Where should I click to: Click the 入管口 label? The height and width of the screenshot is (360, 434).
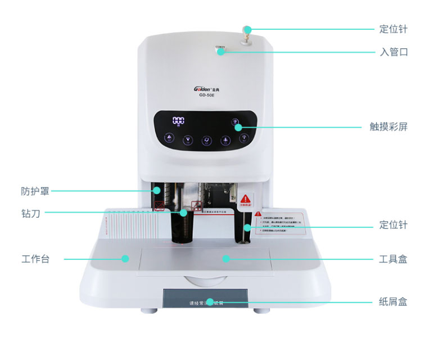pos(393,52)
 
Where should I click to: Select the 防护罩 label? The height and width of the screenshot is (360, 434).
pos(35,191)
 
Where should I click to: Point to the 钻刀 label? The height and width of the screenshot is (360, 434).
pos(30,213)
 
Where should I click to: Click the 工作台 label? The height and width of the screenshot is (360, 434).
pos(35,259)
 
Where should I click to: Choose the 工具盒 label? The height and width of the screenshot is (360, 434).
pos(393,259)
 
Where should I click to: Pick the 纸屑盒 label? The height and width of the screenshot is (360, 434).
pos(393,302)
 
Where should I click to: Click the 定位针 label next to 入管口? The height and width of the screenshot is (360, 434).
pos(393,29)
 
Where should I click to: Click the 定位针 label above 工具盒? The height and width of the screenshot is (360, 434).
pos(393,226)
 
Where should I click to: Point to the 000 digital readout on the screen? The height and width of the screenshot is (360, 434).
pos(178,120)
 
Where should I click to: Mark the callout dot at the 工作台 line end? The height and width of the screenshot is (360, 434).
pos(125,259)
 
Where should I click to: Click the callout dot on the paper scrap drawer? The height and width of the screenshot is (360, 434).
pos(209,302)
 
